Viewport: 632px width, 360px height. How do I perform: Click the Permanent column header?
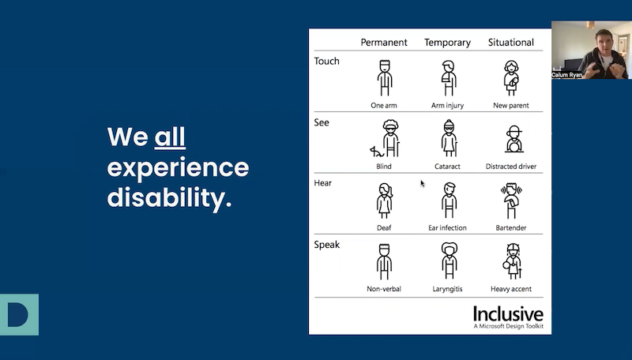(x=384, y=42)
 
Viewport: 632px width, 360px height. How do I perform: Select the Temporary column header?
(x=447, y=42)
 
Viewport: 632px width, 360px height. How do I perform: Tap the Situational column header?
(x=510, y=42)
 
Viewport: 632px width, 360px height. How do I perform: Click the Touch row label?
(x=327, y=61)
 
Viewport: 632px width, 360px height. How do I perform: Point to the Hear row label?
(x=323, y=183)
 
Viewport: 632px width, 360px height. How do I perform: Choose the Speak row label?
(x=327, y=245)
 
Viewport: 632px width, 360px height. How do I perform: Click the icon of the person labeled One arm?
(x=384, y=78)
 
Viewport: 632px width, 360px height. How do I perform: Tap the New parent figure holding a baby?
(x=511, y=78)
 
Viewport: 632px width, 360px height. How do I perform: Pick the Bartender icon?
(x=510, y=201)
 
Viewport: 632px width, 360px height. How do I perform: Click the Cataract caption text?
(x=448, y=167)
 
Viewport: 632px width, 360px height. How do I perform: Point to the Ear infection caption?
(x=447, y=228)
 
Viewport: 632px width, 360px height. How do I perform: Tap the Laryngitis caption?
(x=448, y=289)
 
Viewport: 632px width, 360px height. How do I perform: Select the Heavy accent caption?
(x=511, y=289)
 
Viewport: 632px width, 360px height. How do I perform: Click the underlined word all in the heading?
(x=170, y=137)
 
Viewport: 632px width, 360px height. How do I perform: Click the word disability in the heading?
(x=169, y=197)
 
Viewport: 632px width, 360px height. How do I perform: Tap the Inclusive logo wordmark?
(x=508, y=313)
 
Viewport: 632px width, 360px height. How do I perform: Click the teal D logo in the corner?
(x=18, y=314)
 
